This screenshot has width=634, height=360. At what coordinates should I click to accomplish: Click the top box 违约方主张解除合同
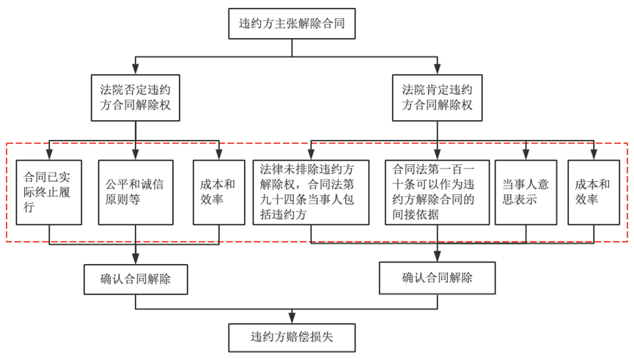click(292, 23)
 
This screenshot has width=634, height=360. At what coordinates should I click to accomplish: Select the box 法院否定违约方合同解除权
click(136, 98)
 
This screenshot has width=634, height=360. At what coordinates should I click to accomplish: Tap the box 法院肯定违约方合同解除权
click(438, 98)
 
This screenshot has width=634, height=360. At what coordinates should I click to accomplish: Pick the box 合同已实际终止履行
click(49, 192)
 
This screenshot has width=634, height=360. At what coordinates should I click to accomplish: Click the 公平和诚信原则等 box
click(136, 192)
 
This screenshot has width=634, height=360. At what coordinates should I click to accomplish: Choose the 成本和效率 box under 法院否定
click(218, 192)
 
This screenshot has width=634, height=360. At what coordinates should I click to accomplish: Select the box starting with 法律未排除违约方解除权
click(311, 192)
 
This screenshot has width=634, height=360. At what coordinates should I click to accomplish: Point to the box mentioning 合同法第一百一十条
click(437, 192)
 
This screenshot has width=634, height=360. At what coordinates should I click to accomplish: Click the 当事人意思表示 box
click(526, 192)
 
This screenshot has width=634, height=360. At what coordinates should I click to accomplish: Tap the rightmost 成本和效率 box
click(594, 192)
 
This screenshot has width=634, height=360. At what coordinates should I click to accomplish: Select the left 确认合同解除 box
click(136, 279)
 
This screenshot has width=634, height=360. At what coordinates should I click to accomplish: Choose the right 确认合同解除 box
click(437, 278)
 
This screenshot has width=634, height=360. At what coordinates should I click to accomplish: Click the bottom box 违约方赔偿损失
click(292, 338)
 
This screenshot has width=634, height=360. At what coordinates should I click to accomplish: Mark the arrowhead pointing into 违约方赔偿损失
click(292, 318)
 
